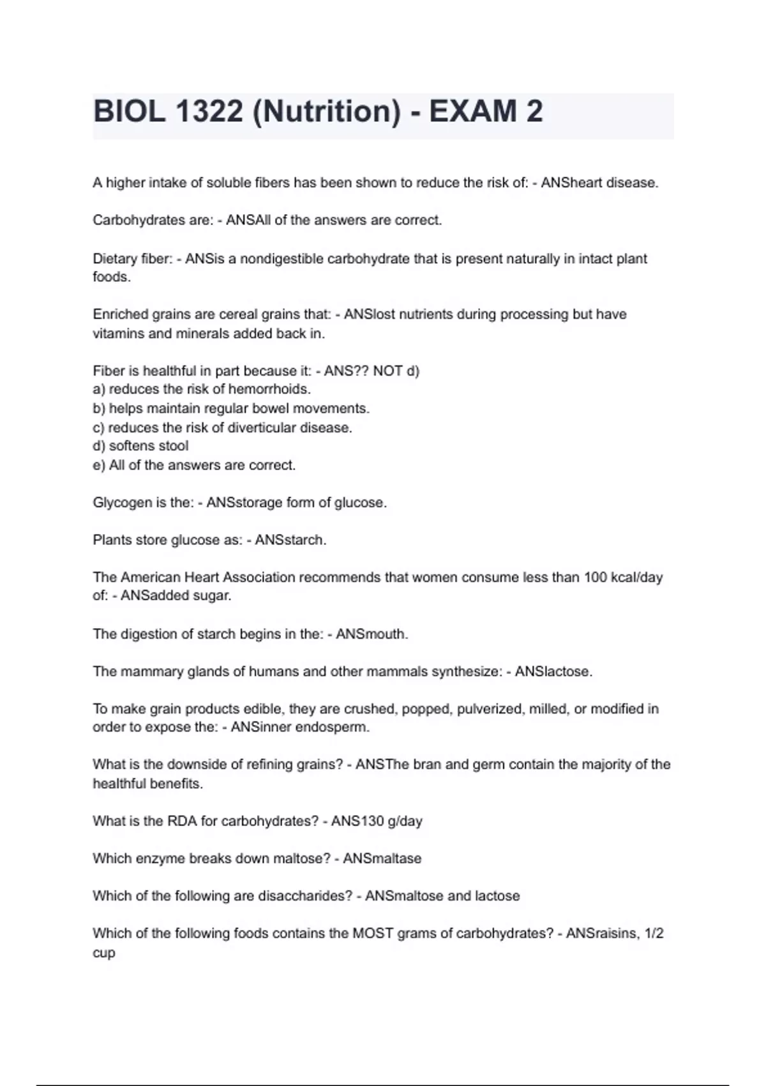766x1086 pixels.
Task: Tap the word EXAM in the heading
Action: [472, 112]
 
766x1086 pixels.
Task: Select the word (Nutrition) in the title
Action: [327, 112]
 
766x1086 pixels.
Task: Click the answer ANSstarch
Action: [290, 540]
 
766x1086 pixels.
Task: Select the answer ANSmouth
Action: [372, 634]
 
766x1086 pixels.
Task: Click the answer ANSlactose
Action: [553, 671]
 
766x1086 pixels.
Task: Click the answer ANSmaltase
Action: [382, 859]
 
